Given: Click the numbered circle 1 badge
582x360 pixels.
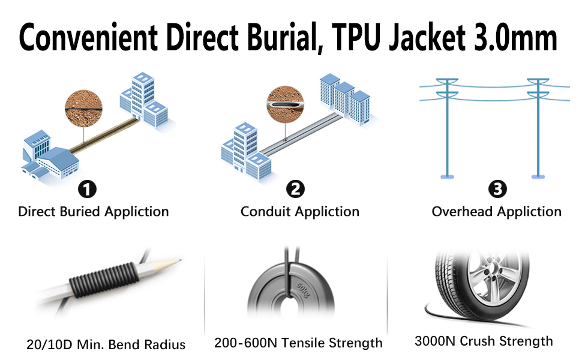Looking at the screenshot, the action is (87, 189).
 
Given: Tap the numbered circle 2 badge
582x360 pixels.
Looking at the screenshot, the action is (295, 189).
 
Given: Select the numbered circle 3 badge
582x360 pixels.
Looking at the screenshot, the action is (497, 189).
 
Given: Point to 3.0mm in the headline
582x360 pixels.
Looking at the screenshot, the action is (515, 37).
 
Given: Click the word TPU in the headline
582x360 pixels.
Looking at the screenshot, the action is (356, 37).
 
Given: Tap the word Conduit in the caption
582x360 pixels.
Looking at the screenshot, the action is (265, 212).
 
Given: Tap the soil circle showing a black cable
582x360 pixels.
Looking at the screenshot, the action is (83, 109).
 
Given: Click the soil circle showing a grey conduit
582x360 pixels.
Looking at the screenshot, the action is (285, 104).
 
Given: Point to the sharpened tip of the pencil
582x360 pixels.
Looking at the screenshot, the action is (181, 260).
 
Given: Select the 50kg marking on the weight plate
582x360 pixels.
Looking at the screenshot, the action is (303, 290).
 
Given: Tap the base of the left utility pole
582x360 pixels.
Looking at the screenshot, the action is (447, 176).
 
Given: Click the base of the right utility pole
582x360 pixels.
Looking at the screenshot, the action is (538, 176).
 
